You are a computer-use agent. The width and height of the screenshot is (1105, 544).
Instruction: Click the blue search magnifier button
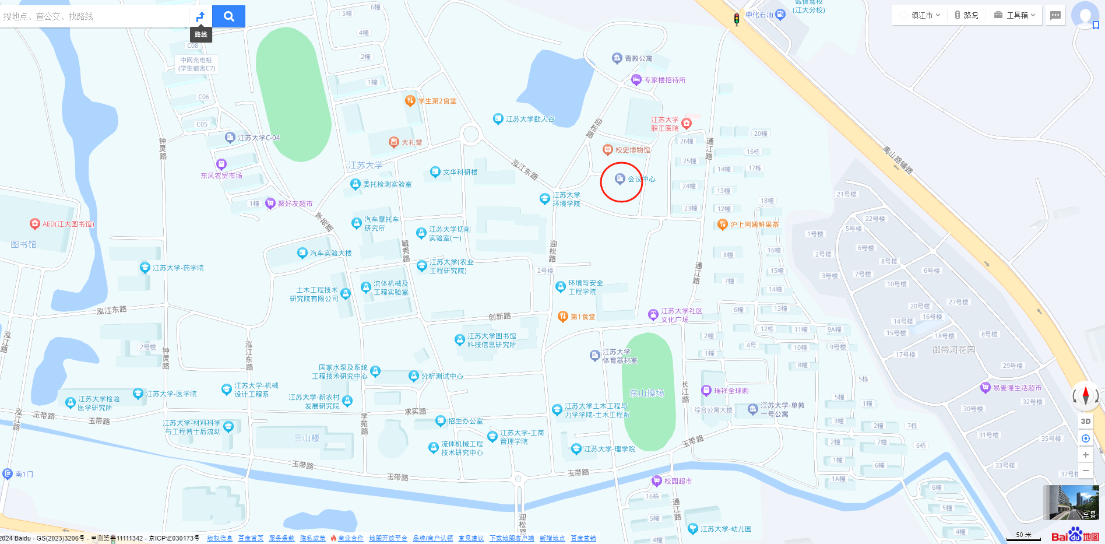(228, 16)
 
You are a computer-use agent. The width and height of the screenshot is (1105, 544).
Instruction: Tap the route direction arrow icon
(200, 16)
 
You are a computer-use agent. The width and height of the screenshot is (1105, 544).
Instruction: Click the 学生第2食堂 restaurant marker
(410, 100)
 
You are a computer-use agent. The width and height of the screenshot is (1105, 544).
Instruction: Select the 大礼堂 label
(412, 142)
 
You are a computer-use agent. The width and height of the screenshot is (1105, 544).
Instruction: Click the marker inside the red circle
(620, 179)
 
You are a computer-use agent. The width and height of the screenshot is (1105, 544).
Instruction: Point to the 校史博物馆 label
(632, 150)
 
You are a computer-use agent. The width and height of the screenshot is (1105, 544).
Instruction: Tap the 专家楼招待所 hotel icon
(636, 80)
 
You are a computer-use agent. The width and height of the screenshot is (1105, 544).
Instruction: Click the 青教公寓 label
(638, 58)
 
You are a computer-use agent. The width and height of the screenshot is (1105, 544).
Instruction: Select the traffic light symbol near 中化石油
(737, 19)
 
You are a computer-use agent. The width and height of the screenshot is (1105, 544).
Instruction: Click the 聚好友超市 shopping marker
(270, 203)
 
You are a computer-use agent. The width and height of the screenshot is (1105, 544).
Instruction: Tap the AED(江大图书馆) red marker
(35, 224)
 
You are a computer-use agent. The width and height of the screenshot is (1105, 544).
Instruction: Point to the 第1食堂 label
(583, 317)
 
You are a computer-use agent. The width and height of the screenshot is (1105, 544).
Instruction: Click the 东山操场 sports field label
(647, 394)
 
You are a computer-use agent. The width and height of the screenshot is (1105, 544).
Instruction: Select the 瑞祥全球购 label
(731, 391)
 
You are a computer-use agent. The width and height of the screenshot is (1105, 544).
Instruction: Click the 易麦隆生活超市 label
(1017, 388)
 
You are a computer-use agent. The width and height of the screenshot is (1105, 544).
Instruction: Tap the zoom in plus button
(1085, 455)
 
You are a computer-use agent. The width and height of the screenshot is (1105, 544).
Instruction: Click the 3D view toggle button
(1085, 421)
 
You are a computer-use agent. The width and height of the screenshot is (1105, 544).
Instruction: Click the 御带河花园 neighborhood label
(953, 350)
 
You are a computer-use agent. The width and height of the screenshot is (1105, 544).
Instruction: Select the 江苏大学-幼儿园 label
(726, 529)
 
